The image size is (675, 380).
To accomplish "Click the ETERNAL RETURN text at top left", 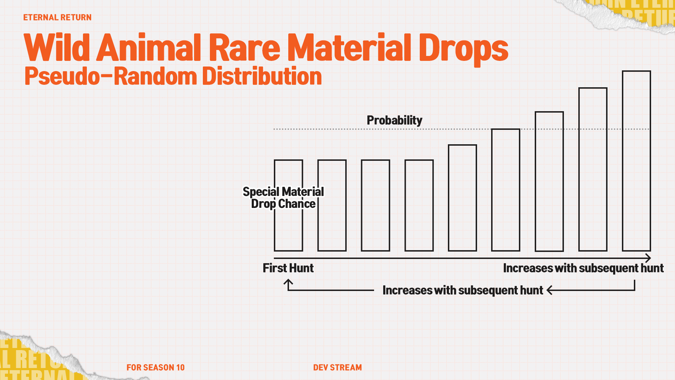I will click(x=57, y=17).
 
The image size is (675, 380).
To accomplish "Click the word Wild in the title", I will click(x=57, y=48).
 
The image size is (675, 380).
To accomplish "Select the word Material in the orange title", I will click(x=349, y=48).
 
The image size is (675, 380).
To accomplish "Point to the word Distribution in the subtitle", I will click(x=262, y=76).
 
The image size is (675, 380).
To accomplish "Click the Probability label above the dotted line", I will click(x=394, y=120).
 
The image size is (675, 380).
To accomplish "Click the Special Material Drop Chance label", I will click(x=283, y=198).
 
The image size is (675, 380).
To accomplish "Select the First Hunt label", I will click(x=288, y=268).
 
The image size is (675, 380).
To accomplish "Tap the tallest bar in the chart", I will click(x=636, y=161).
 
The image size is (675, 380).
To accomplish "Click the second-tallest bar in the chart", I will click(x=593, y=169).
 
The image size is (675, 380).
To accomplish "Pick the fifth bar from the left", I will click(x=462, y=198).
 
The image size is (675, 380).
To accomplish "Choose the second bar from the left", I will click(x=332, y=205).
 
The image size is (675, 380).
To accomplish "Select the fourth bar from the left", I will click(x=419, y=205).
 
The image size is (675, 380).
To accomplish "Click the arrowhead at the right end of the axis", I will click(x=648, y=258).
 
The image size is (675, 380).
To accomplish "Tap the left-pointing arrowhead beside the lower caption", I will click(x=550, y=290).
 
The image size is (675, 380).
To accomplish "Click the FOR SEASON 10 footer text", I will click(x=155, y=367).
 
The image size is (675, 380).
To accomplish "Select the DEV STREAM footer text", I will click(x=337, y=367).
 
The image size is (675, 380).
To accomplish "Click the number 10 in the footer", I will click(x=180, y=367).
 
